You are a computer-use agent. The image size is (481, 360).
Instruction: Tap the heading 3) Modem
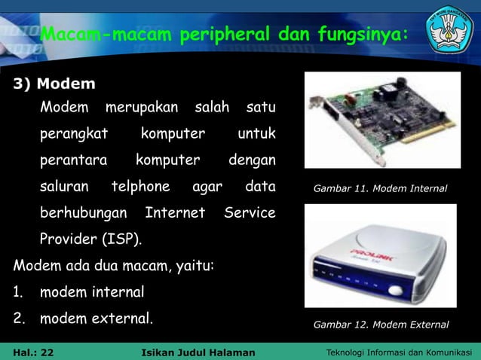[54, 83]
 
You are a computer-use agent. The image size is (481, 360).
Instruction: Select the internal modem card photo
[381, 119]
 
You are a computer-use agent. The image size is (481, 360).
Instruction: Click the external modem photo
[380, 256]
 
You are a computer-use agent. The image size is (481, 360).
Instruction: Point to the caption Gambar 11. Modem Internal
[380, 188]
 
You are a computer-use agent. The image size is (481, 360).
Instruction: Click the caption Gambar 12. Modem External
[381, 325]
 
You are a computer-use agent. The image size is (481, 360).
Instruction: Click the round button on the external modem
[395, 291]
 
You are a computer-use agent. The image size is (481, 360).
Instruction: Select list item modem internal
[91, 291]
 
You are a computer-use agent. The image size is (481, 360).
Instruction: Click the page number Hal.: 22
[34, 352]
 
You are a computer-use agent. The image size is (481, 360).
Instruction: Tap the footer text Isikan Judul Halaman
[198, 352]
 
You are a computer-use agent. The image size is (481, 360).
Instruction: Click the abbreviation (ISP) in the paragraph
[121, 239]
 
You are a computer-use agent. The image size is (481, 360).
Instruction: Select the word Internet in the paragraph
[175, 213]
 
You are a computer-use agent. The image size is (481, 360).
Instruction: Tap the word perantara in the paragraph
[73, 160]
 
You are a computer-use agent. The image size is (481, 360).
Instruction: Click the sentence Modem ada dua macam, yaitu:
[114, 266]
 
